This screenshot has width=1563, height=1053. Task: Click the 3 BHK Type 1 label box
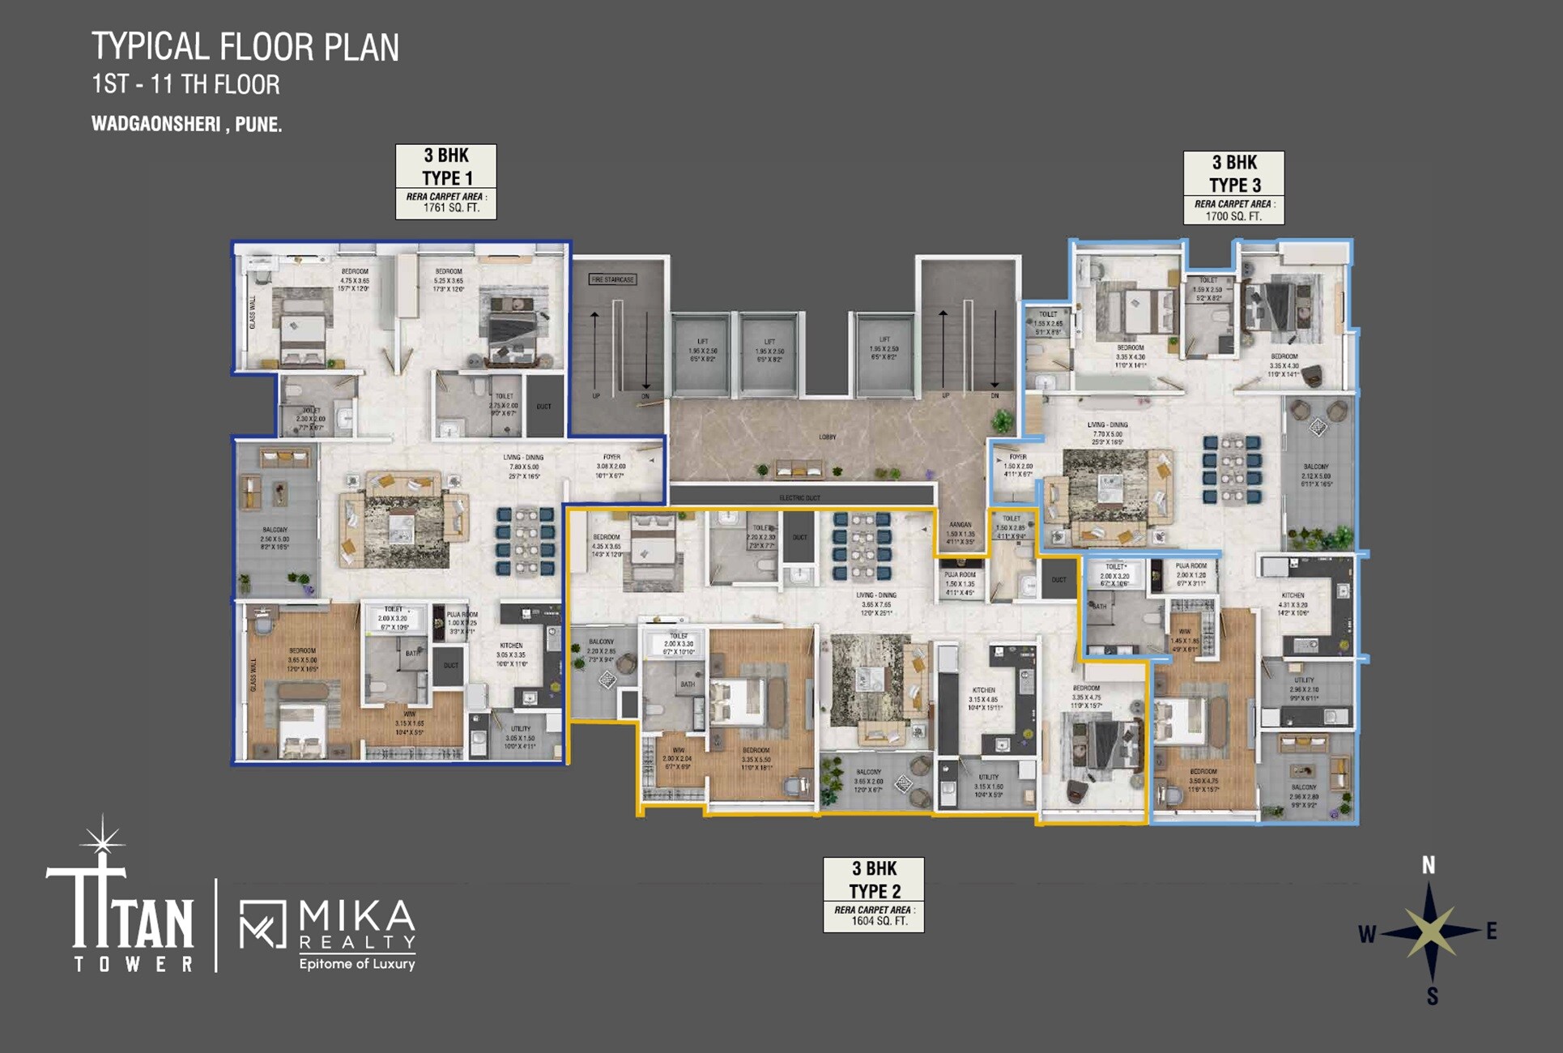point(445,181)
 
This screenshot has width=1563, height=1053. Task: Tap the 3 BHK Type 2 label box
point(873,894)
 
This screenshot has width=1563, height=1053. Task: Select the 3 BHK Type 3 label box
point(1233,187)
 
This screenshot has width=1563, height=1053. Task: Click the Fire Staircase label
point(612,279)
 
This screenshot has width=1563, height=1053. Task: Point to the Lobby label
point(827,437)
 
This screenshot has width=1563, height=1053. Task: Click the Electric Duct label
point(800,497)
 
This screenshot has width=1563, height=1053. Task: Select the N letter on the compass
point(1429,865)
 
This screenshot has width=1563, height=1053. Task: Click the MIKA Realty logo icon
point(263,923)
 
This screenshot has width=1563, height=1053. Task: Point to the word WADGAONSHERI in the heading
point(155,124)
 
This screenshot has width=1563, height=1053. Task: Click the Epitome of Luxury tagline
point(356,964)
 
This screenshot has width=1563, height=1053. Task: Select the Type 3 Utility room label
point(1304,688)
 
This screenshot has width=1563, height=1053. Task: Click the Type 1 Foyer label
point(611,462)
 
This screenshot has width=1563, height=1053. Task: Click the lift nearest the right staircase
point(884,353)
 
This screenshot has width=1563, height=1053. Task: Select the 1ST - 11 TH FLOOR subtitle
point(185,84)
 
